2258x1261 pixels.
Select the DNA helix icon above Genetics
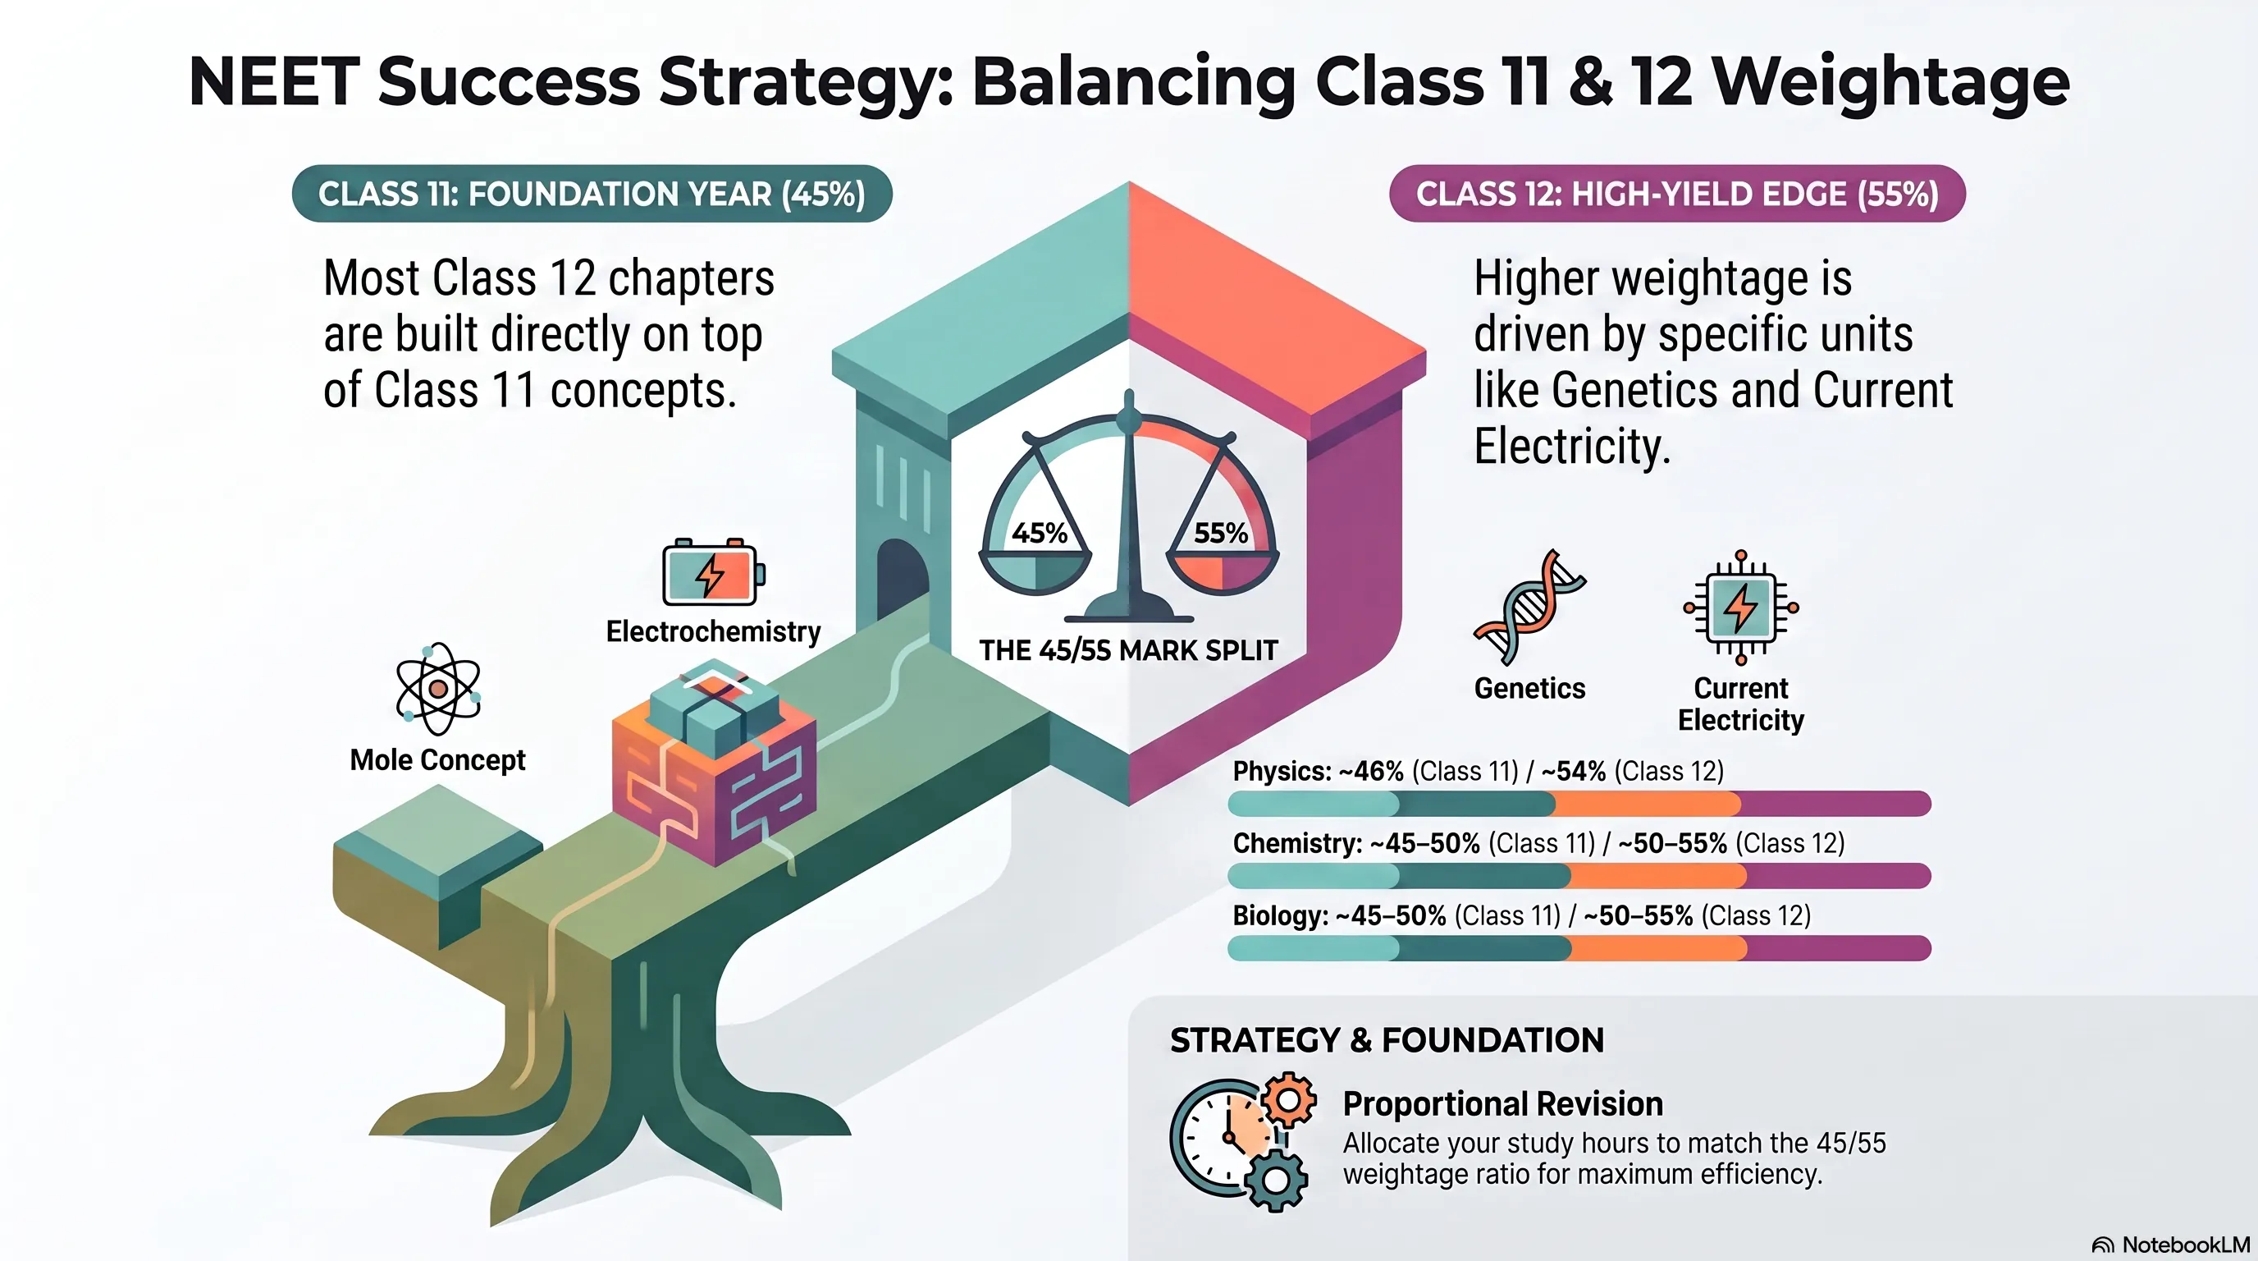coord(1529,607)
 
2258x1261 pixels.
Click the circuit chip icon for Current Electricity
coord(1741,607)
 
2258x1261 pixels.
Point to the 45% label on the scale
coord(1040,533)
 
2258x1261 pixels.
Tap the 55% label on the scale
coord(1221,533)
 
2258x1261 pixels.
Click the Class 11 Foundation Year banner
coord(592,194)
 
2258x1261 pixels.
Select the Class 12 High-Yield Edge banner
coord(1677,194)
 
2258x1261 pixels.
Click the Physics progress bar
coord(1579,803)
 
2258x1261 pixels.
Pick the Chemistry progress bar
coord(1579,875)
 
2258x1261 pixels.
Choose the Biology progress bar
coord(1579,948)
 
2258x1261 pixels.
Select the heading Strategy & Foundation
coord(1387,1040)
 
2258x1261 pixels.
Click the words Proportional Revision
coord(1502,1104)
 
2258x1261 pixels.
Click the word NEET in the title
coord(274,81)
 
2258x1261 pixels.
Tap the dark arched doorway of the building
coord(903,580)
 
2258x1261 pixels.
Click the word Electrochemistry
coord(714,631)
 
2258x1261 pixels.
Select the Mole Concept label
coord(437,759)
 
